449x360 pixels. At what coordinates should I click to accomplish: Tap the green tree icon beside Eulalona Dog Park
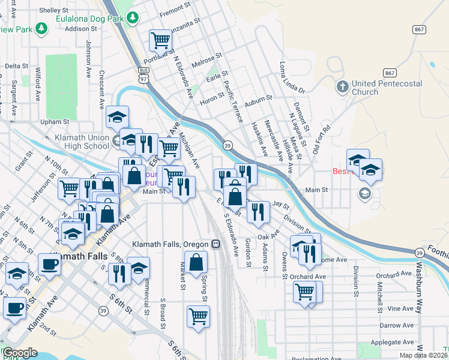tap(133, 18)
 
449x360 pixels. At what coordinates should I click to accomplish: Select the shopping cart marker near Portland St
tap(161, 40)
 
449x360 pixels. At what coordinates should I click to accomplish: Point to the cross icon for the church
tap(342, 87)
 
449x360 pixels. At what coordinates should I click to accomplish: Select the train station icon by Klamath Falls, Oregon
tap(215, 244)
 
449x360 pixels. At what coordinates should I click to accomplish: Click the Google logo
tap(20, 352)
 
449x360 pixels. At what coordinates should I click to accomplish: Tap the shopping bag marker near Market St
tap(196, 262)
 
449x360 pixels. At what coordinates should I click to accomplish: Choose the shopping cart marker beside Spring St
tap(198, 316)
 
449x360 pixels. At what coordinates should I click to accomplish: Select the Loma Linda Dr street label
tap(292, 76)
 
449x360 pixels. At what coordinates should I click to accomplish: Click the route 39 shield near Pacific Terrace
tap(228, 146)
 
